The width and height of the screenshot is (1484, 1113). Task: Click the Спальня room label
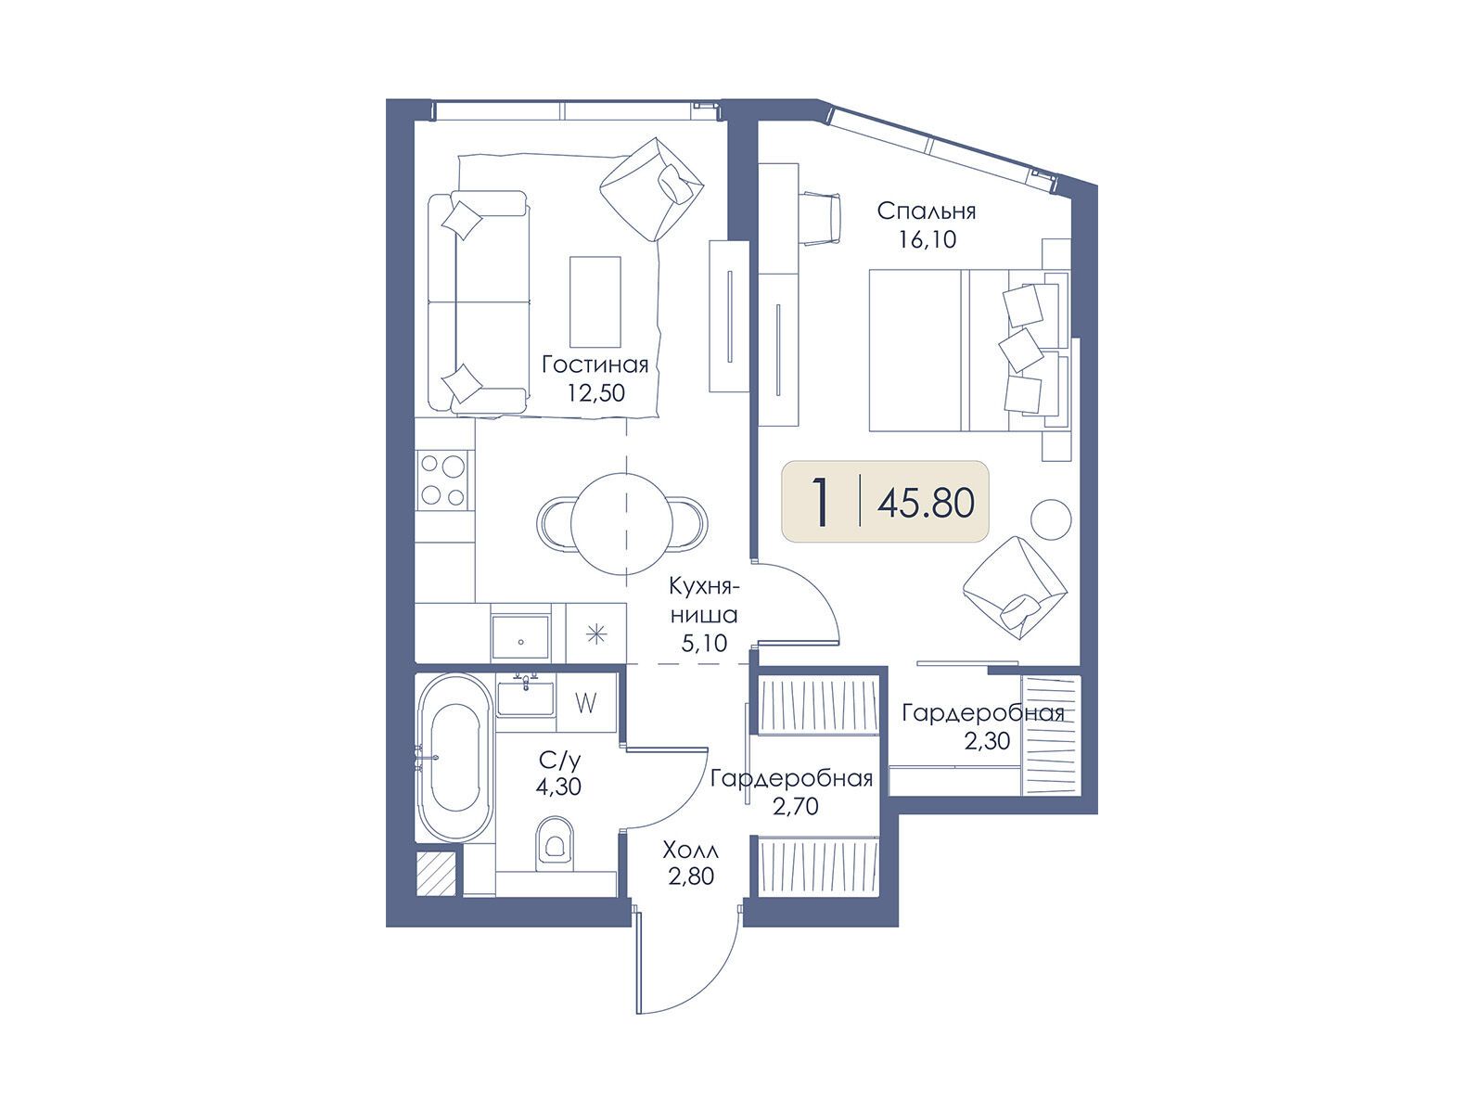pos(927,211)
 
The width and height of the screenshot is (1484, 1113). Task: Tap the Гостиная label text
pos(595,365)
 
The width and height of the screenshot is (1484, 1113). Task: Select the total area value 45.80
pos(926,503)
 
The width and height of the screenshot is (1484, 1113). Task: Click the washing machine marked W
pos(585,703)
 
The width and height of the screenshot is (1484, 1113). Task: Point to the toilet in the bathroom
pos(553,844)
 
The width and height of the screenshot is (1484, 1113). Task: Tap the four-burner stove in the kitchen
pos(443,480)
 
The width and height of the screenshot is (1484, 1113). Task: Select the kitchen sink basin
pos(520,635)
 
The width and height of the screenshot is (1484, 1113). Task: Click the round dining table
pos(622,522)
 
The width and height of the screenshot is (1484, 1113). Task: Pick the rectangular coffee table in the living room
pos(595,301)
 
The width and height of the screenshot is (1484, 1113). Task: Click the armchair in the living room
pos(652,189)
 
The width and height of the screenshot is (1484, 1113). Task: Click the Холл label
pos(690,849)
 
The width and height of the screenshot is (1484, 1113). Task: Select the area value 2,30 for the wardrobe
pos(987,741)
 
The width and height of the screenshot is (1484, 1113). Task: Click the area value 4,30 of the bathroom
pos(558,787)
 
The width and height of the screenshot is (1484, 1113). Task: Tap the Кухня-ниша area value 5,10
pos(704,643)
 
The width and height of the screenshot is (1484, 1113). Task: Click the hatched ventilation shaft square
pos(435,874)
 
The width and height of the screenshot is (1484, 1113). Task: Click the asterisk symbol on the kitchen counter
pos(595,634)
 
